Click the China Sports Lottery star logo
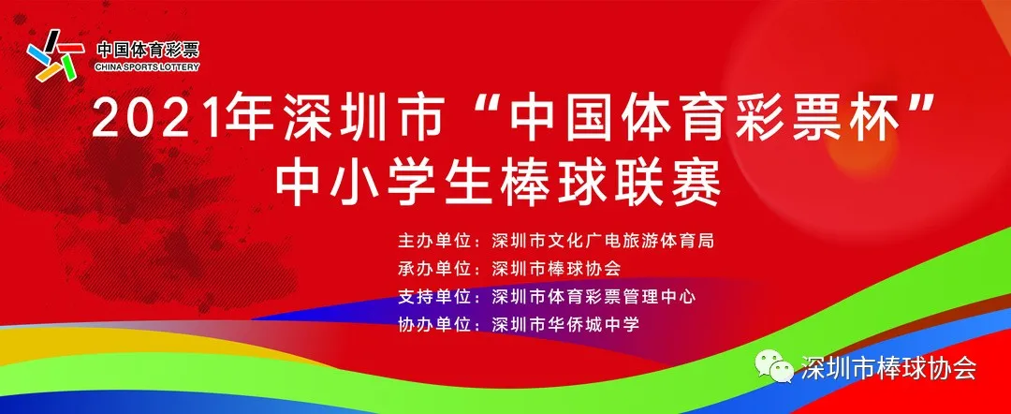click(55, 56)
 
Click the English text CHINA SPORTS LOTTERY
click(147, 67)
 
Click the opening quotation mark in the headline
click(466, 107)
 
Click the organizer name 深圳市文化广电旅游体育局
click(603, 241)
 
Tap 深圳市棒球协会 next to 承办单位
click(556, 268)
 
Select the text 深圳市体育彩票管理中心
click(593, 297)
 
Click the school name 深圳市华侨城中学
click(565, 324)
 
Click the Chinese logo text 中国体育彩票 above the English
click(148, 50)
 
